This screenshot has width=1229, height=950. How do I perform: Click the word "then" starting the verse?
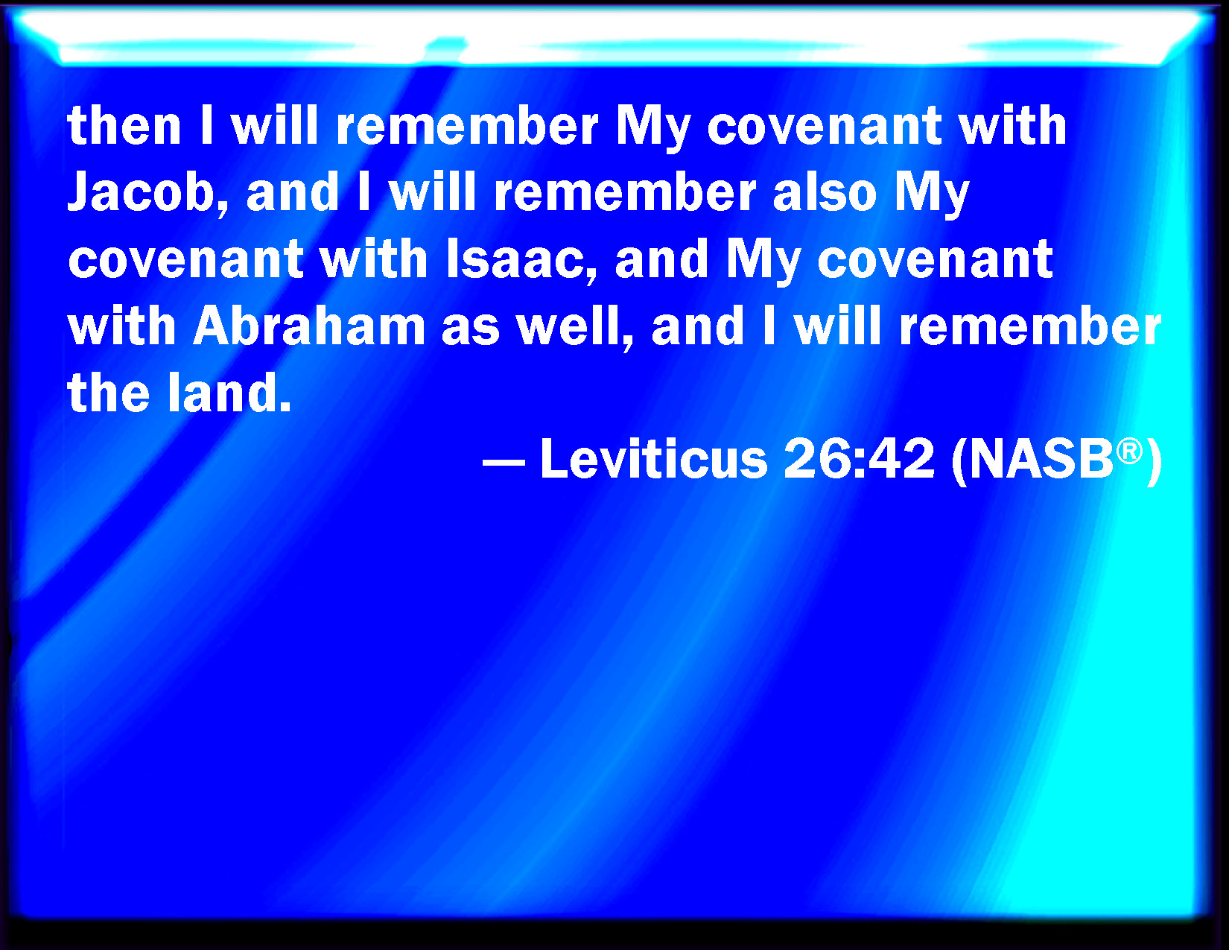pos(124,126)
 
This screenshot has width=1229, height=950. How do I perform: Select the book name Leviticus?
pos(653,459)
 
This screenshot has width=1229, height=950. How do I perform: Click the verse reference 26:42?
pos(860,459)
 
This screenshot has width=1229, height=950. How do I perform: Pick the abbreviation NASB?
pos(1040,459)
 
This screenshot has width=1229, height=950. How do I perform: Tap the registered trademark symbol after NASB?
pos(1129,452)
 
